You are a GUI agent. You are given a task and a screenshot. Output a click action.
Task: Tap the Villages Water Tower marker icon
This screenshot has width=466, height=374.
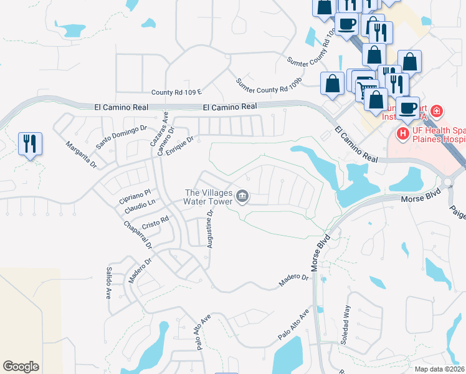click(x=243, y=198)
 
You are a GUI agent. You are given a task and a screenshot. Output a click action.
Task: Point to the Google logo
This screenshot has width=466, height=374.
click(x=21, y=366)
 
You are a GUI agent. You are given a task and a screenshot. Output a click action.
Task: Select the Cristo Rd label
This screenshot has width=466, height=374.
click(x=156, y=221)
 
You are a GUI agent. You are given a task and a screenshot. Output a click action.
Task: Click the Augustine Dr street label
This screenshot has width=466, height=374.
click(x=210, y=229)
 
